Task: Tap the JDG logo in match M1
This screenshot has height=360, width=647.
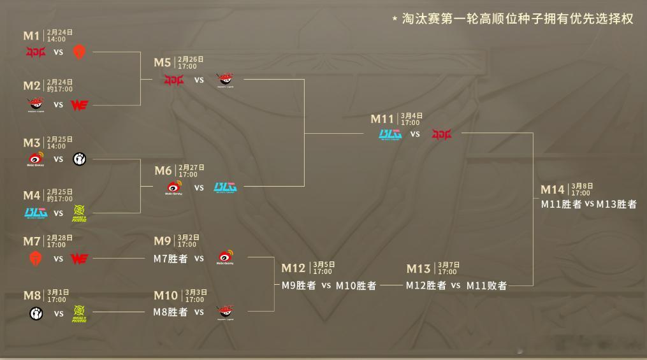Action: point(36,52)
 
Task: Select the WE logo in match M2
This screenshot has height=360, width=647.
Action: point(79,104)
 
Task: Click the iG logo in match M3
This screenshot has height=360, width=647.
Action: point(79,159)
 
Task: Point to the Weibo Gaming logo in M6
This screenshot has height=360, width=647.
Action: point(173,188)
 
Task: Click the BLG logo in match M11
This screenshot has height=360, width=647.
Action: point(389,134)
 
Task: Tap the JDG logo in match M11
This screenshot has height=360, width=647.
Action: point(441,134)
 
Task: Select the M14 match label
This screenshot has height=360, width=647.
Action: point(553,189)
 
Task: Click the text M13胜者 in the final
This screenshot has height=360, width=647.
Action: point(616,205)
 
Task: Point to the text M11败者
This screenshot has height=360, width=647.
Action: point(486,285)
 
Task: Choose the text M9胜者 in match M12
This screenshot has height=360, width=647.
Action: point(299,285)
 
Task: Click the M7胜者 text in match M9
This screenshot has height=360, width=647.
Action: point(170,258)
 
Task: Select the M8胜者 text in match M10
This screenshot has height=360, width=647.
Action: point(170,312)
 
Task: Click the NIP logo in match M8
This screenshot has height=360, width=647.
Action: point(79,313)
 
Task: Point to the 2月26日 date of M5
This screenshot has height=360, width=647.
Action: point(191,59)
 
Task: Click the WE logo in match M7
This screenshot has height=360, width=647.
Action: point(79,258)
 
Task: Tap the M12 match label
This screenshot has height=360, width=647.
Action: point(294,268)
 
